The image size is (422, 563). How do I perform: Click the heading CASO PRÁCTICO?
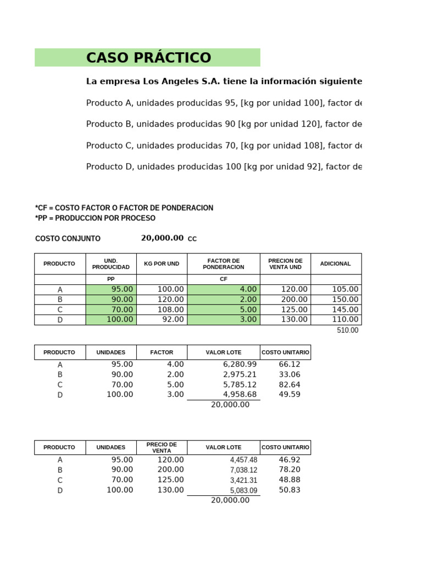(x=148, y=58)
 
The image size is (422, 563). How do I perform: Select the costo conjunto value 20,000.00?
(x=162, y=238)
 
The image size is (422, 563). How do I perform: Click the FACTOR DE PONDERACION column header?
(x=223, y=264)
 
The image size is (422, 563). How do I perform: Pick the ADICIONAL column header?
(x=335, y=264)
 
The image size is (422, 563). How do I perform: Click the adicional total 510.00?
(x=347, y=330)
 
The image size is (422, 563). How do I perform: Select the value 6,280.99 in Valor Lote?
(x=240, y=364)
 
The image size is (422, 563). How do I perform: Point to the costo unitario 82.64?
(x=290, y=384)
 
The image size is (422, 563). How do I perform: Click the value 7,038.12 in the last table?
(x=243, y=470)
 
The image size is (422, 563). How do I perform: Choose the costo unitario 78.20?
(x=290, y=470)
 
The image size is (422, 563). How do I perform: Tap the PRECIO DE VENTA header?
(x=162, y=448)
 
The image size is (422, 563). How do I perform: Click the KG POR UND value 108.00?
(x=170, y=310)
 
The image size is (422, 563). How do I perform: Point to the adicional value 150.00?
(x=345, y=300)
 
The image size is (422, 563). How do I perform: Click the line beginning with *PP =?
(x=95, y=218)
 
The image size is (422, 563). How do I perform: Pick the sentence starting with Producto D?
(x=224, y=167)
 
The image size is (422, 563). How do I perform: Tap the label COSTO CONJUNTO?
(x=68, y=239)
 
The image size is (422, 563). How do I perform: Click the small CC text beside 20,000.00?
(x=192, y=239)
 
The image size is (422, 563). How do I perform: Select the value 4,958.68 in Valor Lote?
(x=240, y=394)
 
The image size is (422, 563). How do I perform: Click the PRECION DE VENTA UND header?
(x=285, y=264)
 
